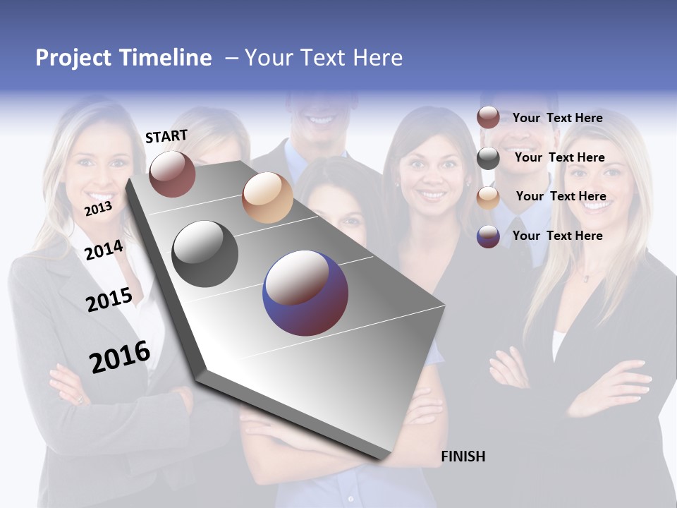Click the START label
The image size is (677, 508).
(x=166, y=136)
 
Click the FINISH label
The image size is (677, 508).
(x=463, y=456)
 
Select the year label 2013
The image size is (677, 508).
(x=98, y=209)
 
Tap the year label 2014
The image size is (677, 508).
(x=104, y=250)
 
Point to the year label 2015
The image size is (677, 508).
(x=109, y=300)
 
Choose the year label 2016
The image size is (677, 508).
(x=120, y=357)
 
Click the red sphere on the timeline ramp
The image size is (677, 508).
(x=172, y=174)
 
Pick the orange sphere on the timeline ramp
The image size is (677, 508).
(x=267, y=198)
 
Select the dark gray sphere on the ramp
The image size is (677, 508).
(x=205, y=254)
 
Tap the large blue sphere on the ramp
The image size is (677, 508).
(x=305, y=293)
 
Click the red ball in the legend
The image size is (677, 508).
(x=488, y=118)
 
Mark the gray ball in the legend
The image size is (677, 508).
(x=488, y=158)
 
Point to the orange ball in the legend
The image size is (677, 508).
(x=488, y=198)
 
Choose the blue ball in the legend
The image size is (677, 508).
(x=488, y=236)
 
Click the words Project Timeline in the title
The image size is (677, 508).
(x=123, y=58)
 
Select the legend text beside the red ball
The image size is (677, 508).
(x=557, y=118)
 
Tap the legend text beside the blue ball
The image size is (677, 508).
(x=557, y=236)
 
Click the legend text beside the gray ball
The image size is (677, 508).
(x=559, y=157)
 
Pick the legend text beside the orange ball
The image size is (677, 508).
(x=561, y=196)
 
